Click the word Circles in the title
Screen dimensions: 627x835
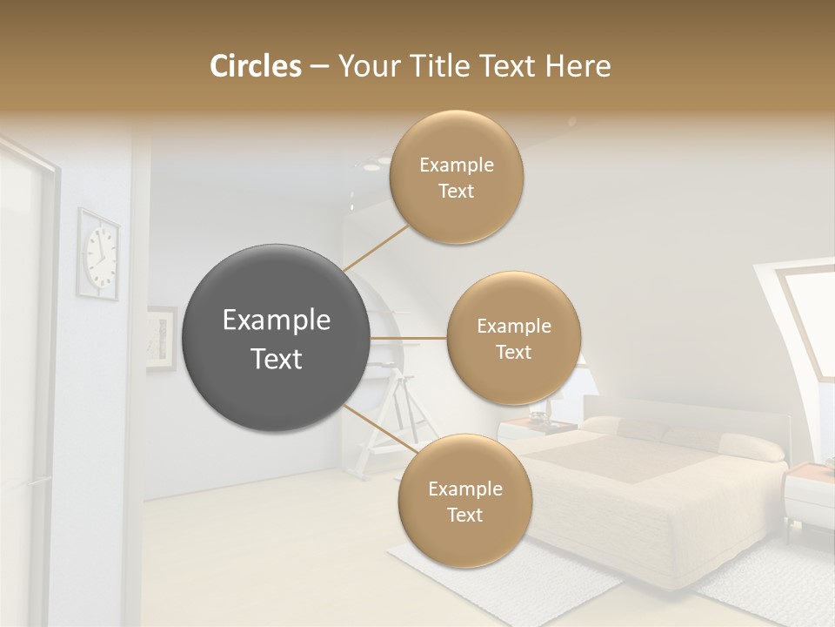click(255, 66)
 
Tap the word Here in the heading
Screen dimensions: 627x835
click(578, 66)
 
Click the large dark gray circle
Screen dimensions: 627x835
click(277, 338)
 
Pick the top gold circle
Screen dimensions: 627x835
click(457, 177)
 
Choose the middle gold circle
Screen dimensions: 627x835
click(513, 338)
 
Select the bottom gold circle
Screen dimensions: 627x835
click(464, 501)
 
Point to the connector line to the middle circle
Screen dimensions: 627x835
click(408, 338)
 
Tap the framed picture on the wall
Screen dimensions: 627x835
click(161, 338)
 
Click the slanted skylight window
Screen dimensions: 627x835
click(805, 318)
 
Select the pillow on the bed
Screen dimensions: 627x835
click(753, 446)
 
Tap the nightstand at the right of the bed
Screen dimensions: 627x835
click(809, 496)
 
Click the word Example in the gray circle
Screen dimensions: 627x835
click(277, 320)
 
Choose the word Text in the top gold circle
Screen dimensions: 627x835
click(457, 191)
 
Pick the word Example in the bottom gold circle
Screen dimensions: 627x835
click(464, 489)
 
